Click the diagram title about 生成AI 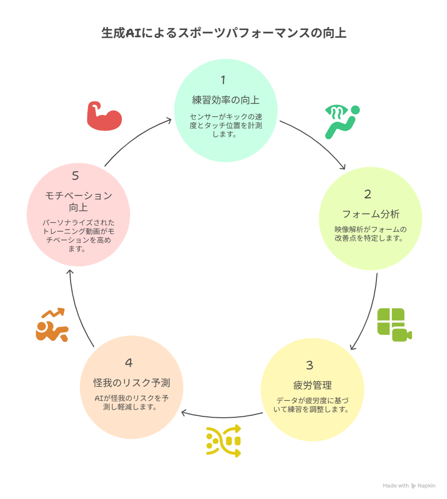click(x=224, y=33)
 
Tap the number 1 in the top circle click(x=223, y=80)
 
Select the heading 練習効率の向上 click(x=226, y=100)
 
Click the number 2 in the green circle click(x=368, y=194)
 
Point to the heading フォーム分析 click(x=371, y=214)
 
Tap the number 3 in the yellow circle click(x=310, y=365)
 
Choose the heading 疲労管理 click(x=313, y=385)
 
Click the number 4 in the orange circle click(x=129, y=363)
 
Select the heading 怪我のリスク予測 click(x=132, y=383)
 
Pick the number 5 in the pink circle click(x=75, y=176)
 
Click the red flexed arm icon click(x=104, y=116)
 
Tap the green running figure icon click(x=342, y=122)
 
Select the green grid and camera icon click(x=394, y=324)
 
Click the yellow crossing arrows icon click(x=223, y=441)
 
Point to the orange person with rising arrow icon click(x=52, y=325)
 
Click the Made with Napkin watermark click(x=409, y=485)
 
